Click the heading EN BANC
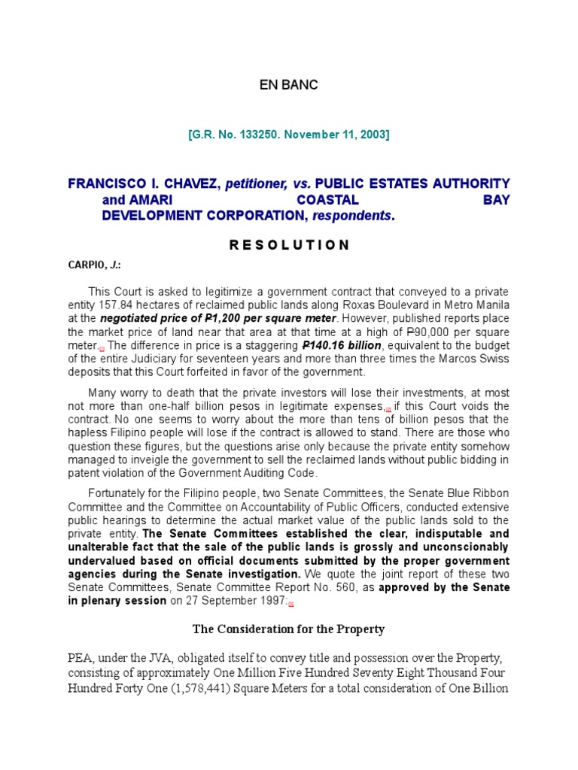coord(288,85)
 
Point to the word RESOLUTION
coord(288,244)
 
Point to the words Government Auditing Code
coord(253,473)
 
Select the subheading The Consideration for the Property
coord(288,629)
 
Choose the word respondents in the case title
coord(356,215)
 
